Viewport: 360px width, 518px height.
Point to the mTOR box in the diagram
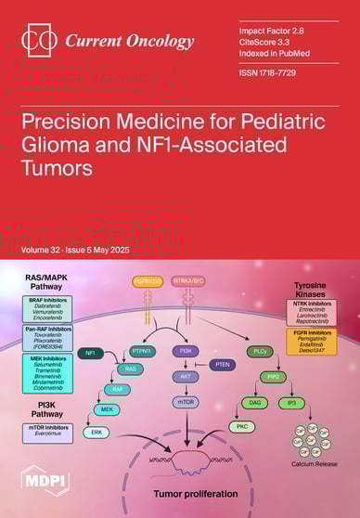pos(186,403)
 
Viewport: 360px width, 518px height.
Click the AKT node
pos(186,378)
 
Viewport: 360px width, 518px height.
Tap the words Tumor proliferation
pos(195,494)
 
